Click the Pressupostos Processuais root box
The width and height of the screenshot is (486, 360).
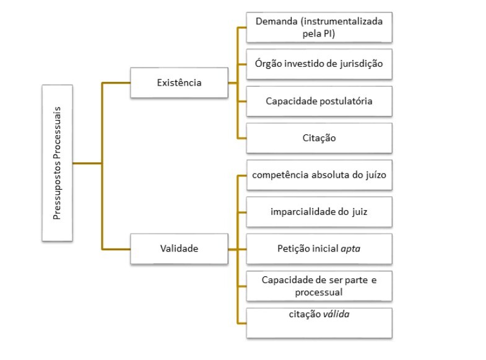click(x=57, y=162)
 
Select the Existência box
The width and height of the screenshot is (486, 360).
click(x=179, y=82)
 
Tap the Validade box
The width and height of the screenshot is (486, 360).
click(x=179, y=248)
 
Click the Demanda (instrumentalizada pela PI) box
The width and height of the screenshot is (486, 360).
click(x=319, y=29)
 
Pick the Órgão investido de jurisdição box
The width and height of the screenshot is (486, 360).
click(x=319, y=64)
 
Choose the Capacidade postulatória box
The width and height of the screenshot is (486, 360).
click(x=319, y=101)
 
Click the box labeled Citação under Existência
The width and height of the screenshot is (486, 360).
click(x=319, y=138)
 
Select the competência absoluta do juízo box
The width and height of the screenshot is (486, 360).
click(x=319, y=175)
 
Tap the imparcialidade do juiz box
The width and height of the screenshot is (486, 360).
click(x=319, y=212)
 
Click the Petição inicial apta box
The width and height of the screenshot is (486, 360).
click(x=319, y=248)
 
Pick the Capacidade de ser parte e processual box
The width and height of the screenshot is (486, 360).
click(x=319, y=286)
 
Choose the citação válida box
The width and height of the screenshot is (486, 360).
click(x=319, y=322)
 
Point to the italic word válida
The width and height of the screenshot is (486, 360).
click(x=336, y=315)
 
